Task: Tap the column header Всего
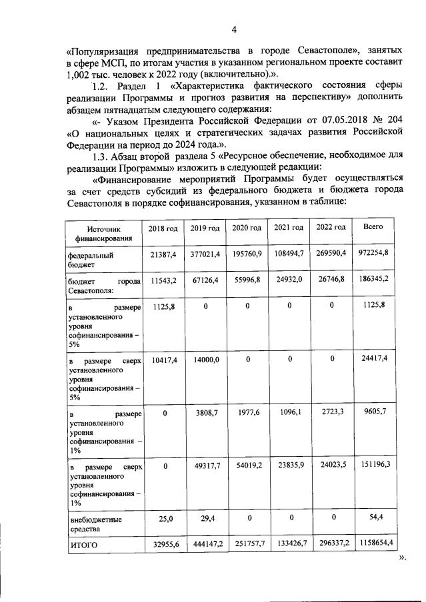(x=373, y=227)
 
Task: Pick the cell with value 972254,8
(x=374, y=255)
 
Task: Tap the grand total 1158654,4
(x=374, y=543)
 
